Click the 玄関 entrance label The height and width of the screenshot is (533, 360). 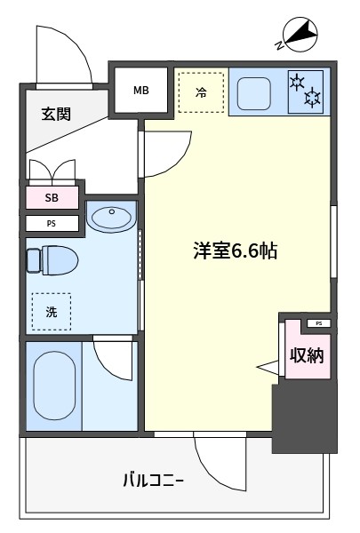(x=56, y=114)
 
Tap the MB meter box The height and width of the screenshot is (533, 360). (x=140, y=90)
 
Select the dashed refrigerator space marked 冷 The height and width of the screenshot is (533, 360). (x=201, y=92)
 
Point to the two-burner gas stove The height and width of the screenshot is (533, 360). (x=305, y=91)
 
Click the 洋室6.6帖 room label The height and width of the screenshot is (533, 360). (x=236, y=251)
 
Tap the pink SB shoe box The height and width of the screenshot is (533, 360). (x=52, y=197)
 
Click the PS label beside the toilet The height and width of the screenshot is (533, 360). (x=52, y=224)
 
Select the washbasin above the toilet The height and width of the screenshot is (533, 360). (x=111, y=217)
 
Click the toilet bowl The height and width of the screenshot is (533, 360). (x=52, y=260)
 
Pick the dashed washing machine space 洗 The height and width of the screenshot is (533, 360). (x=52, y=312)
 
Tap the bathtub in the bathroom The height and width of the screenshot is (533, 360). (x=54, y=386)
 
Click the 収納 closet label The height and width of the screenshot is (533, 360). (x=307, y=355)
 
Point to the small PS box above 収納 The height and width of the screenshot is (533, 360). (x=319, y=323)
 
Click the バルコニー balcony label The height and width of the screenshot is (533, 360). (x=153, y=481)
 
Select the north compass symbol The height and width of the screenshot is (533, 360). (x=300, y=35)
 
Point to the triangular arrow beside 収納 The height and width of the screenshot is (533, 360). (x=268, y=368)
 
